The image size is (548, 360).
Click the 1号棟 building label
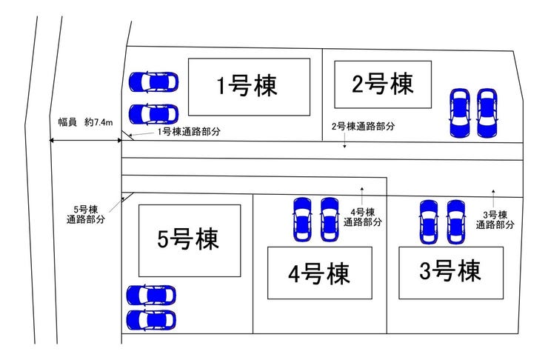pyautogui.click(x=247, y=87)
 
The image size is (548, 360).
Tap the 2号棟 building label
pyautogui.click(x=382, y=84)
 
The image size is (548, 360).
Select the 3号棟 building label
pyautogui.click(x=450, y=271)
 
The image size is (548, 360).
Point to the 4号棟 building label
pyautogui.click(x=319, y=272)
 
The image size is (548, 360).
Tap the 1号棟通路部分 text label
pyautogui.click(x=189, y=132)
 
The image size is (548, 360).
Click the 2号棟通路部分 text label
pyautogui.click(x=362, y=127)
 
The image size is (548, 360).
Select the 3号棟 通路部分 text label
pyautogui.click(x=495, y=219)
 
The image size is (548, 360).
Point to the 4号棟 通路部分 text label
pyautogui.click(x=366, y=216)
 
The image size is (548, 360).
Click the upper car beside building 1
pyautogui.click(x=154, y=80)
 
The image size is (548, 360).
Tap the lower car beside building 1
pyautogui.click(x=154, y=114)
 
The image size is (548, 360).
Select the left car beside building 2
pyautogui.click(x=459, y=113)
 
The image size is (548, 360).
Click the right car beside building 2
pyautogui.click(x=487, y=113)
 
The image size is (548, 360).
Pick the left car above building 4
pyautogui.click(x=301, y=219)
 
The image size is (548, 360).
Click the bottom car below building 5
pyautogui.click(x=152, y=320)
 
